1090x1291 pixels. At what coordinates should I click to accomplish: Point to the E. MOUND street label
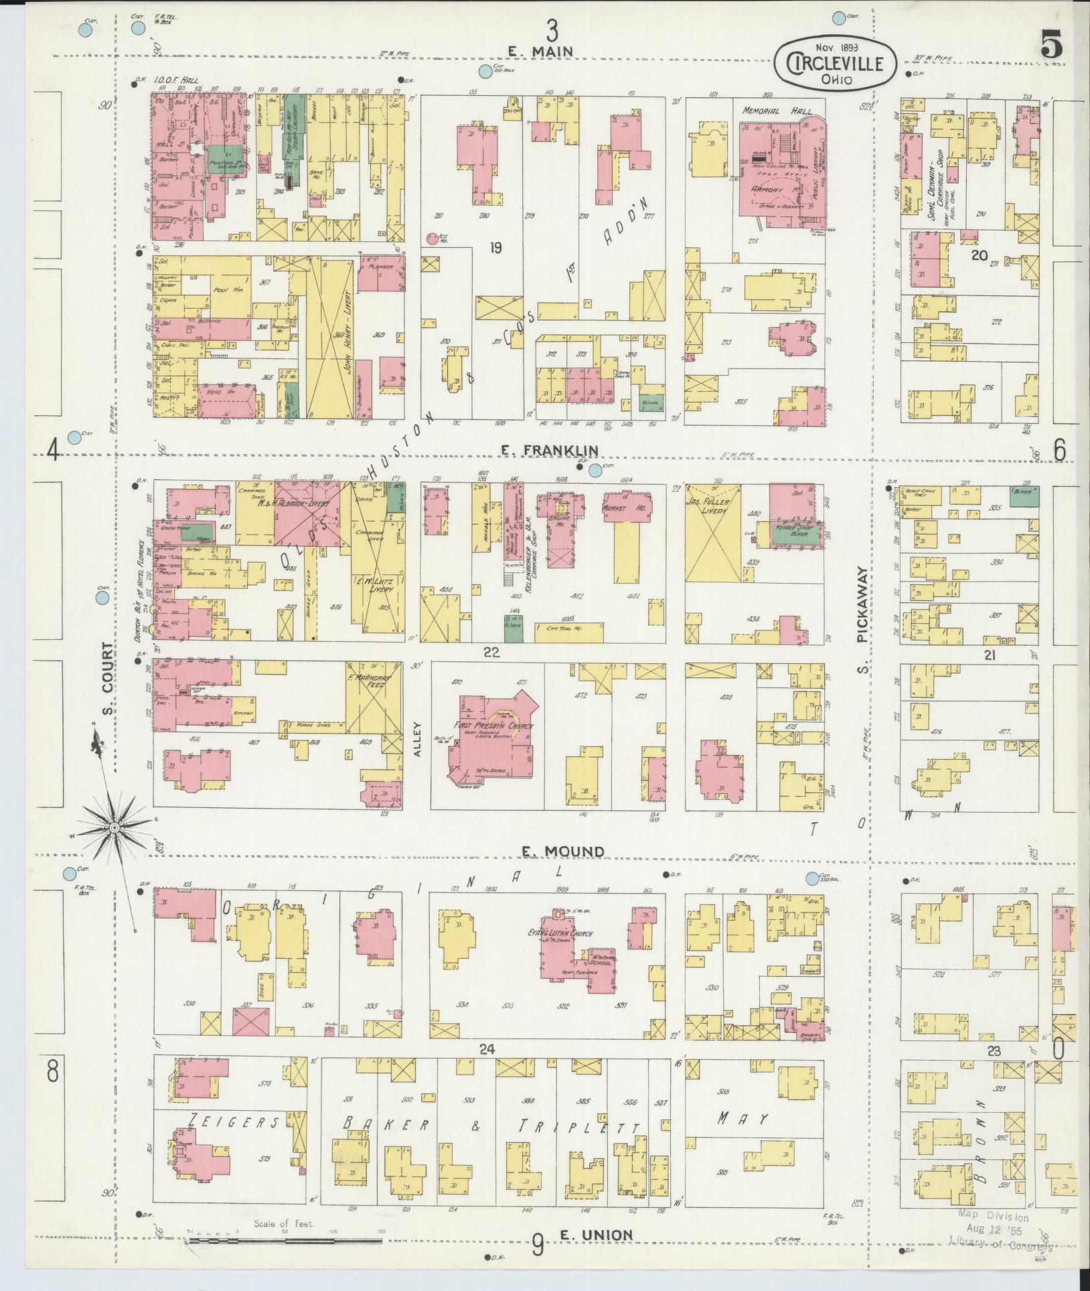pyautogui.click(x=563, y=851)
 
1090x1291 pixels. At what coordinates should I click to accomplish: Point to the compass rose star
pyautogui.click(x=114, y=829)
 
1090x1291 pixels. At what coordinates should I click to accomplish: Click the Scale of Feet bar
pyautogui.click(x=288, y=1241)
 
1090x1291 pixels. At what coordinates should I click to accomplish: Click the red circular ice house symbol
pyautogui.click(x=433, y=237)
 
